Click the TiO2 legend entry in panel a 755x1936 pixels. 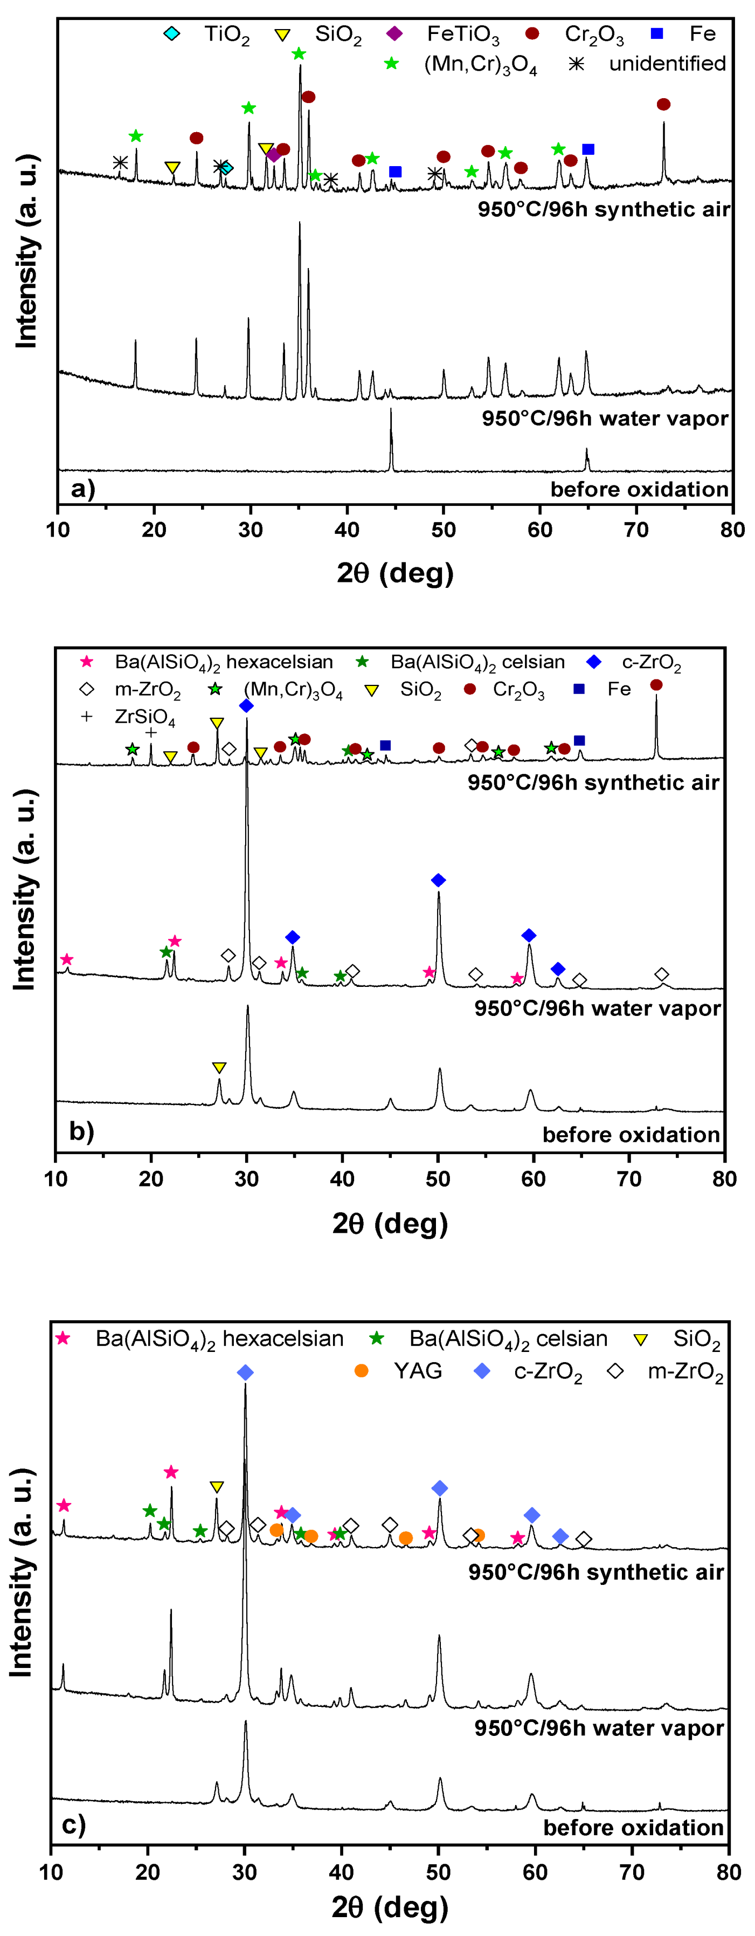[x=206, y=34]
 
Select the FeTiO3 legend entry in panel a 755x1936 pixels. [x=443, y=34]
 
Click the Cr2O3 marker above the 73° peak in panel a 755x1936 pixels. [x=663, y=105]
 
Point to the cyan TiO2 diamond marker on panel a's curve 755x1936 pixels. [x=226, y=168]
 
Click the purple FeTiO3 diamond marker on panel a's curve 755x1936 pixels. [x=273, y=155]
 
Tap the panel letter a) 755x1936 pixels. [x=82, y=489]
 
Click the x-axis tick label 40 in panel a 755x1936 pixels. [x=347, y=530]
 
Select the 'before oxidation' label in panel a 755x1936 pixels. [x=639, y=489]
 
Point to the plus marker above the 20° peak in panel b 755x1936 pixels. [x=151, y=732]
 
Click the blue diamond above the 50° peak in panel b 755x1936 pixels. [x=439, y=880]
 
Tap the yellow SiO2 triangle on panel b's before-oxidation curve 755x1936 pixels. [x=219, y=1067]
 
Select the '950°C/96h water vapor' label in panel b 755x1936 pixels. [x=597, y=1008]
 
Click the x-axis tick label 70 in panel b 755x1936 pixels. [x=629, y=1178]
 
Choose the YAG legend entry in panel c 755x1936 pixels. [x=398, y=1371]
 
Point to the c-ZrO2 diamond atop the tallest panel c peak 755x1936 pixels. [x=245, y=1372]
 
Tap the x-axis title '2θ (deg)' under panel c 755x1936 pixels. [x=390, y=1906]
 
